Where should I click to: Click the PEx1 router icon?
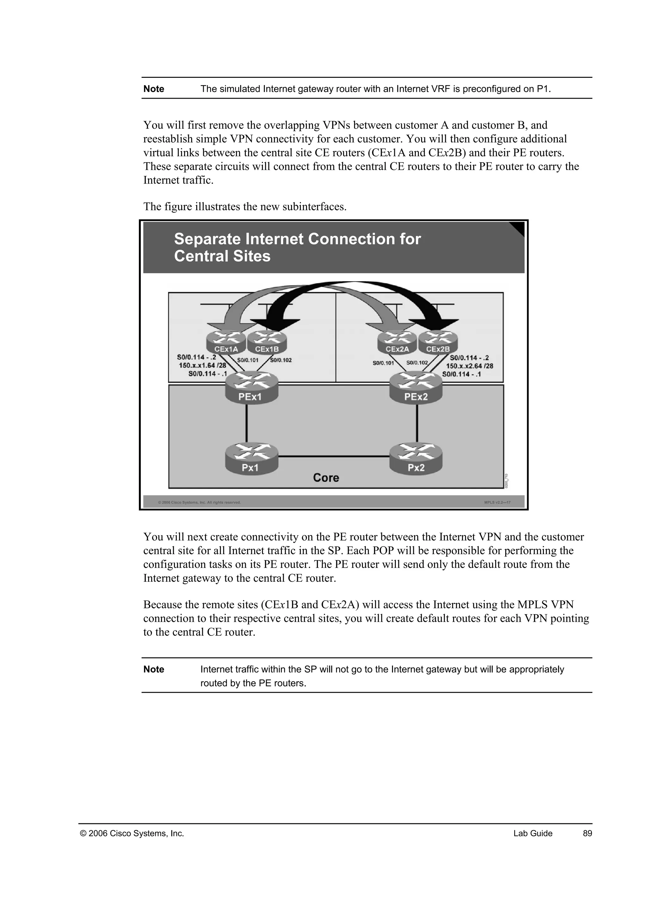click(251, 387)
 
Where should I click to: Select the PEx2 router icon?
click(416, 387)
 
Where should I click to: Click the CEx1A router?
click(226, 343)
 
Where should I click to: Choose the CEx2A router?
click(397, 343)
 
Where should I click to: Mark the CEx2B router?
click(438, 343)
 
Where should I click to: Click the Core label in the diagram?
click(326, 478)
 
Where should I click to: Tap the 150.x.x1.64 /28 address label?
click(202, 365)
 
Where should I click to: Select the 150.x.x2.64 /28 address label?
click(469, 366)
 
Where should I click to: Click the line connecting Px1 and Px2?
click(333, 456)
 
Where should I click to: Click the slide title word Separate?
click(207, 239)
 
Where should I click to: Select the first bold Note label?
click(154, 89)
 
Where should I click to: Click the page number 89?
click(587, 833)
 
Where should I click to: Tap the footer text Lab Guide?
click(533, 833)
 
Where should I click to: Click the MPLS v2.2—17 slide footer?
click(497, 502)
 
